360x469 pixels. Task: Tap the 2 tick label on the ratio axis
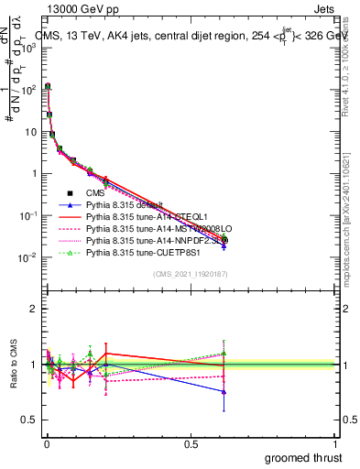tap(34, 309)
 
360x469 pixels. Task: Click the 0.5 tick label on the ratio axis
tap(30, 420)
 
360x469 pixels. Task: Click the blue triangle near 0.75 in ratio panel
tap(224, 391)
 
